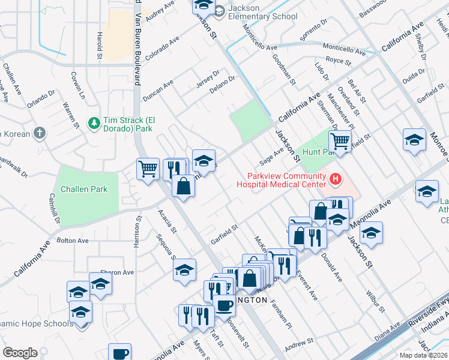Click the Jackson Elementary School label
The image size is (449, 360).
263,11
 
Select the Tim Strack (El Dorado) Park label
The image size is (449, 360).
128,124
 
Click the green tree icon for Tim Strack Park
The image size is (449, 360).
94,124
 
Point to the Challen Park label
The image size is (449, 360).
84,189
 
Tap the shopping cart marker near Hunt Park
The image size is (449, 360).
340,142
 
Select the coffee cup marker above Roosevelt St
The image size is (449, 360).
224,305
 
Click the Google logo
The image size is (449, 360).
20,353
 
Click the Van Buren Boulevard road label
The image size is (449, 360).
139,48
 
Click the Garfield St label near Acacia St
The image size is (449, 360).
224,234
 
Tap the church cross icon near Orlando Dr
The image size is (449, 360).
40,133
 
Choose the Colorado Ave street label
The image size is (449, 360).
162,46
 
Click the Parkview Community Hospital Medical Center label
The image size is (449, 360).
285,183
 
